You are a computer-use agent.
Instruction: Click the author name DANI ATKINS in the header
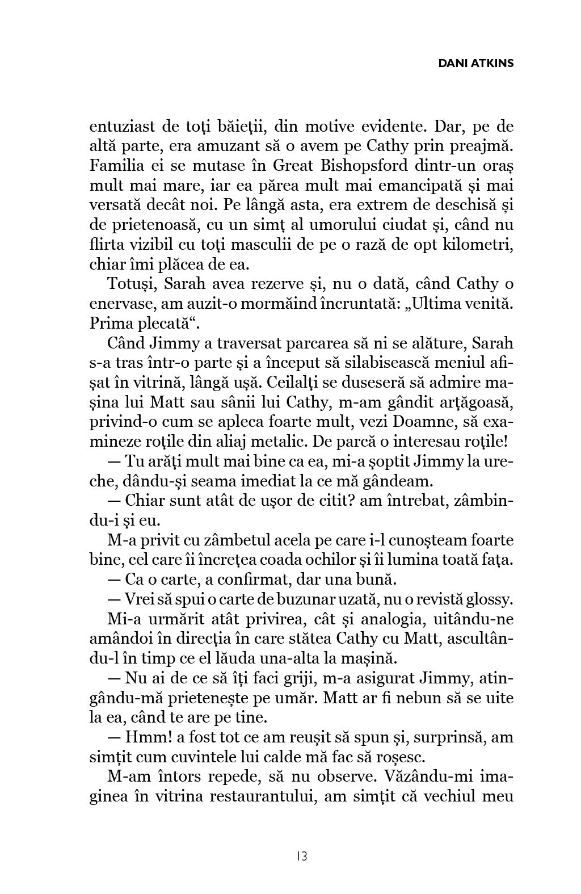pos(476,63)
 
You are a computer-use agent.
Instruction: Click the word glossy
pos(487,600)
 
